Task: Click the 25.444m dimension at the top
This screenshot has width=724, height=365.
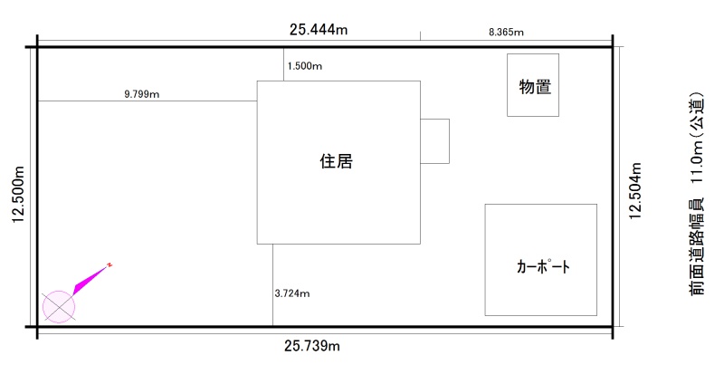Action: point(319,29)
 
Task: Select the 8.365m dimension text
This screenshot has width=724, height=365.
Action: point(506,32)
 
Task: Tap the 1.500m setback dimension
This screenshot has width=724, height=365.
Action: point(305,66)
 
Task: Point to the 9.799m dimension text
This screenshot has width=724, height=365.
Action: point(141,93)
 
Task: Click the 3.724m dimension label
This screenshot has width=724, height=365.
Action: point(292,293)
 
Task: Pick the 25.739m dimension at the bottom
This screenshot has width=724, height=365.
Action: point(311,347)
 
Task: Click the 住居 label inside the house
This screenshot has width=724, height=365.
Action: point(336,162)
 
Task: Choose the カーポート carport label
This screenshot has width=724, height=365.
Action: point(543,267)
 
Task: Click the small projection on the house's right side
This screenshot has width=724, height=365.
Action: point(434,141)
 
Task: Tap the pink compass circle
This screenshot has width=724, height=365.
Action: point(59,306)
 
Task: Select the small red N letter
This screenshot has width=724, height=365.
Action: point(110,264)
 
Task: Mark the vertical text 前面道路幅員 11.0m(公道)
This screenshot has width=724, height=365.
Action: point(695,194)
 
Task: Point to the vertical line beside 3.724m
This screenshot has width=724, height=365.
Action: point(272,285)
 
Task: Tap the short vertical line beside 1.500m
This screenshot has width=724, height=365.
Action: point(283,64)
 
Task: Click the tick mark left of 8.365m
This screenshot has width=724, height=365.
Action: point(420,36)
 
